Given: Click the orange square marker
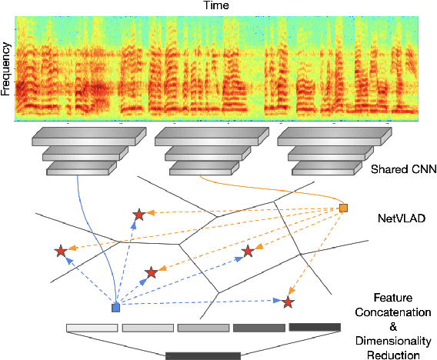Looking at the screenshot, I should pos(344,208).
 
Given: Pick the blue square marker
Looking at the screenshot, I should pos(115,308).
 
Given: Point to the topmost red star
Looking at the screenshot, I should pos(138,215).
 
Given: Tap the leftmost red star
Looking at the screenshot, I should pos(60,251).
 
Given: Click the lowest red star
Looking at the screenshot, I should pos(288,302).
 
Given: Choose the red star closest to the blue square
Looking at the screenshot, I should pos(152,272).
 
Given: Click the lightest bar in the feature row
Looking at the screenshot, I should pos(91,328).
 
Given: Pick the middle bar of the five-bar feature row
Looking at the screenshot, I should pos(202,328).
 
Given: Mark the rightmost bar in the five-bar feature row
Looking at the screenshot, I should pos(314,328).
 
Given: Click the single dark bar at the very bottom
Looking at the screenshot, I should pos(203,355).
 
